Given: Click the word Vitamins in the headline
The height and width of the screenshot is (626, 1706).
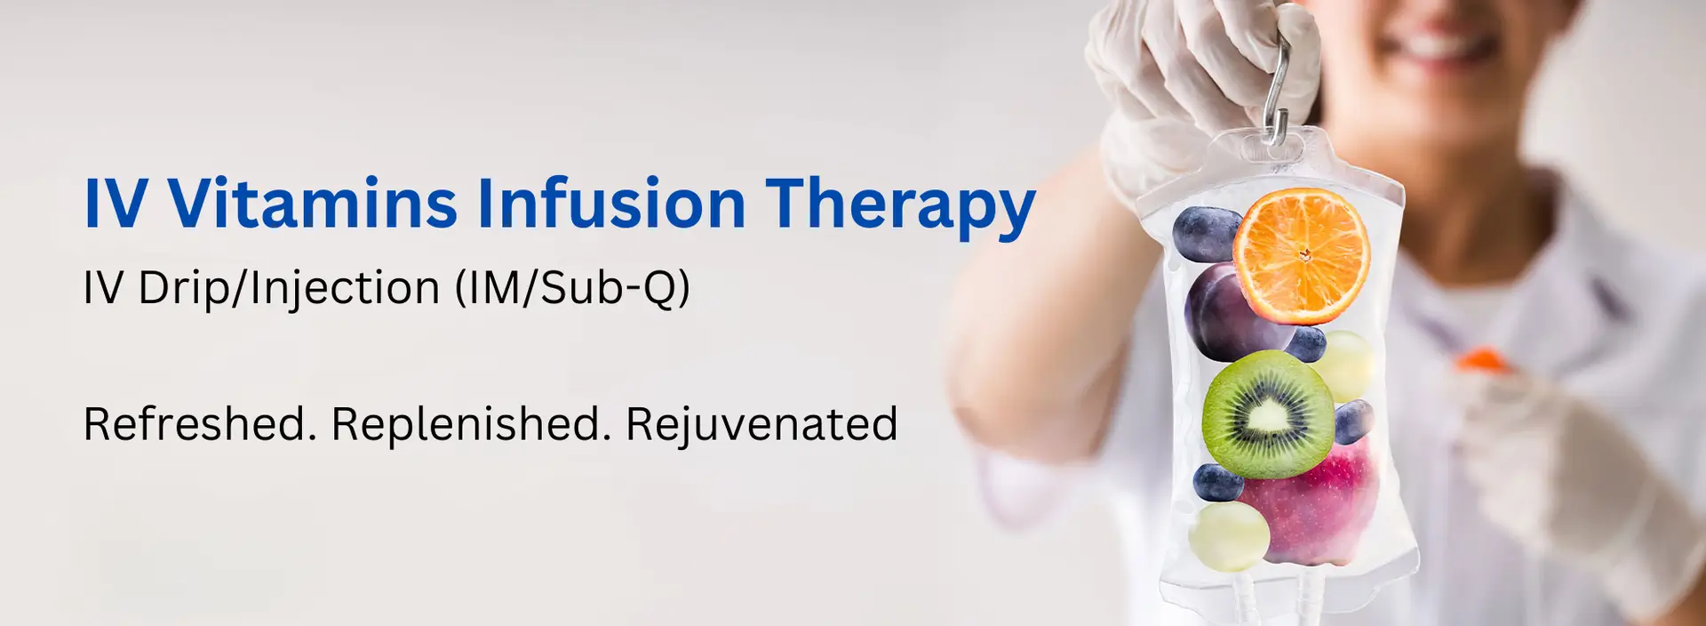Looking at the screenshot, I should click(312, 204).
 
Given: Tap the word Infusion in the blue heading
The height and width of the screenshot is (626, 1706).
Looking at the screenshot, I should click(610, 204).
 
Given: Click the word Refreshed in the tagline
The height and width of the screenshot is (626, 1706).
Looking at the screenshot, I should click(199, 423).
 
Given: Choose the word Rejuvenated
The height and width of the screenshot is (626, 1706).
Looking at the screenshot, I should click(761, 425).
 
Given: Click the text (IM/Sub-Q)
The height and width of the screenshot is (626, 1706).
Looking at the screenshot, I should click(572, 287).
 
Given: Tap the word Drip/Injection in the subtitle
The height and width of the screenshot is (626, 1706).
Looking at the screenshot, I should click(289, 288).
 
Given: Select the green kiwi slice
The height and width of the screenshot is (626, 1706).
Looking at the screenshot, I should click(1268, 414).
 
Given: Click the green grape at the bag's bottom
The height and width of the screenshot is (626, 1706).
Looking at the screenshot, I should click(1230, 536).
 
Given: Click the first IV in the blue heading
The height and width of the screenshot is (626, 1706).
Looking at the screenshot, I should click(115, 204).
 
